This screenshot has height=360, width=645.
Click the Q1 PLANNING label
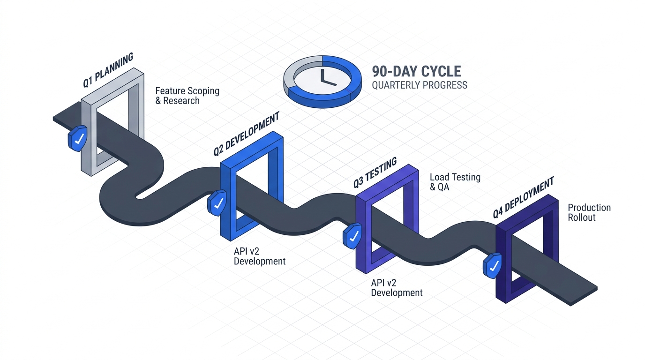point(108,70)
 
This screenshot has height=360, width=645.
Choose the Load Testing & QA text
point(455,182)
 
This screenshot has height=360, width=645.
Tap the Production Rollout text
point(589,212)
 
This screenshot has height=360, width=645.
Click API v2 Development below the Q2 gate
point(259,256)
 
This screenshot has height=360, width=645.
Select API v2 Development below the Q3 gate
point(397,288)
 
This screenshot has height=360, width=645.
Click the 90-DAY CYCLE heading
point(416,72)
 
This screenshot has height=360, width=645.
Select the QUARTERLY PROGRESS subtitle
point(419,85)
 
